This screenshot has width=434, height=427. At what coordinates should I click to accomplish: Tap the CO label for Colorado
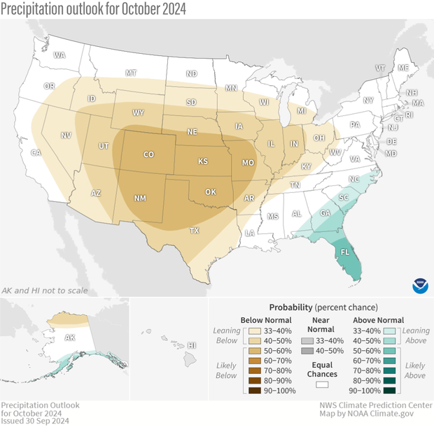pos(149,154)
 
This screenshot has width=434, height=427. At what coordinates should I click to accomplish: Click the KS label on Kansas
pos(203,161)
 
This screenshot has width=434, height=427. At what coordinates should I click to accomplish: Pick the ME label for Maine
pos(402,68)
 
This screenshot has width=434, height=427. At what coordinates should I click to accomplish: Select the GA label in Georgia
pos(325,213)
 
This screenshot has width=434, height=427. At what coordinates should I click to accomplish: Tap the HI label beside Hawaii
pos(192,345)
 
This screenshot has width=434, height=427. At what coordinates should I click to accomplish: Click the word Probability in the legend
pos(290,307)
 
